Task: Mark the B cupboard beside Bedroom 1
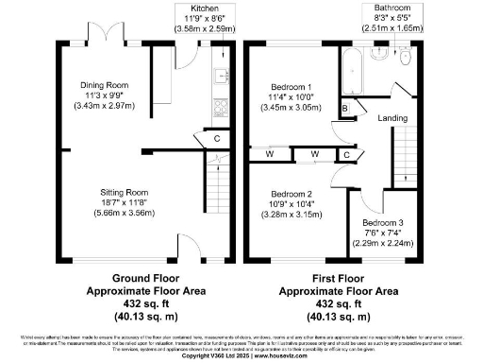pyautogui.click(x=345, y=111)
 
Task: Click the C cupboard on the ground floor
pyautogui.click(x=217, y=139)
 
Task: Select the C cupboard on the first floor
pyautogui.click(x=346, y=154)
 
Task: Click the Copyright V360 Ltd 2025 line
pyautogui.click(x=241, y=356)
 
